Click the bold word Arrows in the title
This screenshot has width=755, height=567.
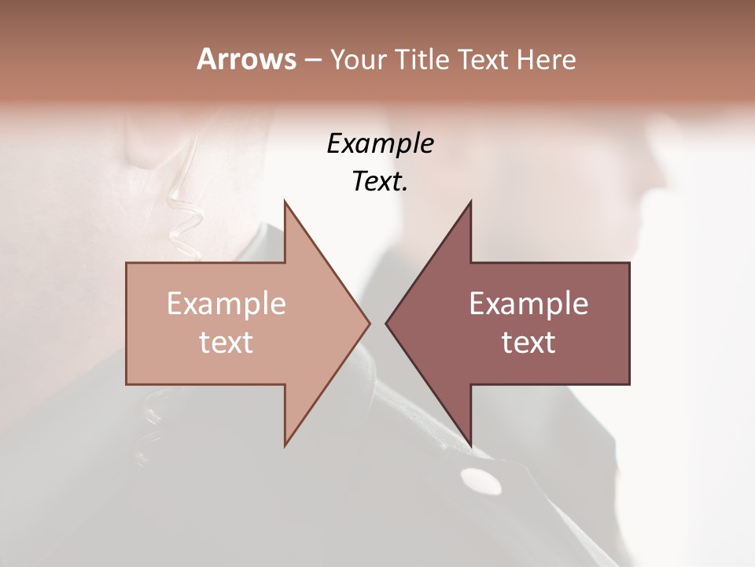point(246,59)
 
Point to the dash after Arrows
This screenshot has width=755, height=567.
point(312,60)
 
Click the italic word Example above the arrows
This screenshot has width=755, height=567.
point(380,144)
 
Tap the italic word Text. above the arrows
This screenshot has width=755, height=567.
point(380,182)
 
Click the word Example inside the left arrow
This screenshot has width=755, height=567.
point(226,303)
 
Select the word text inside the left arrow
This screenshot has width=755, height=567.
point(226,343)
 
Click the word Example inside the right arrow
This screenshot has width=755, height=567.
point(528,303)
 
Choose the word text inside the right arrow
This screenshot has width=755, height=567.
point(528,343)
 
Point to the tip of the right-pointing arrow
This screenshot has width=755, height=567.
point(370,323)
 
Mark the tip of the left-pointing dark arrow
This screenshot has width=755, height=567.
point(386,323)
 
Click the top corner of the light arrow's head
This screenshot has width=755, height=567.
point(285,202)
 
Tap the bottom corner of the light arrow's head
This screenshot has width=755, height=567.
point(285,445)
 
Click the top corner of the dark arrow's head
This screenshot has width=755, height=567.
point(470,202)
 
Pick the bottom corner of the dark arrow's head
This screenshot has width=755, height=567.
point(470,445)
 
